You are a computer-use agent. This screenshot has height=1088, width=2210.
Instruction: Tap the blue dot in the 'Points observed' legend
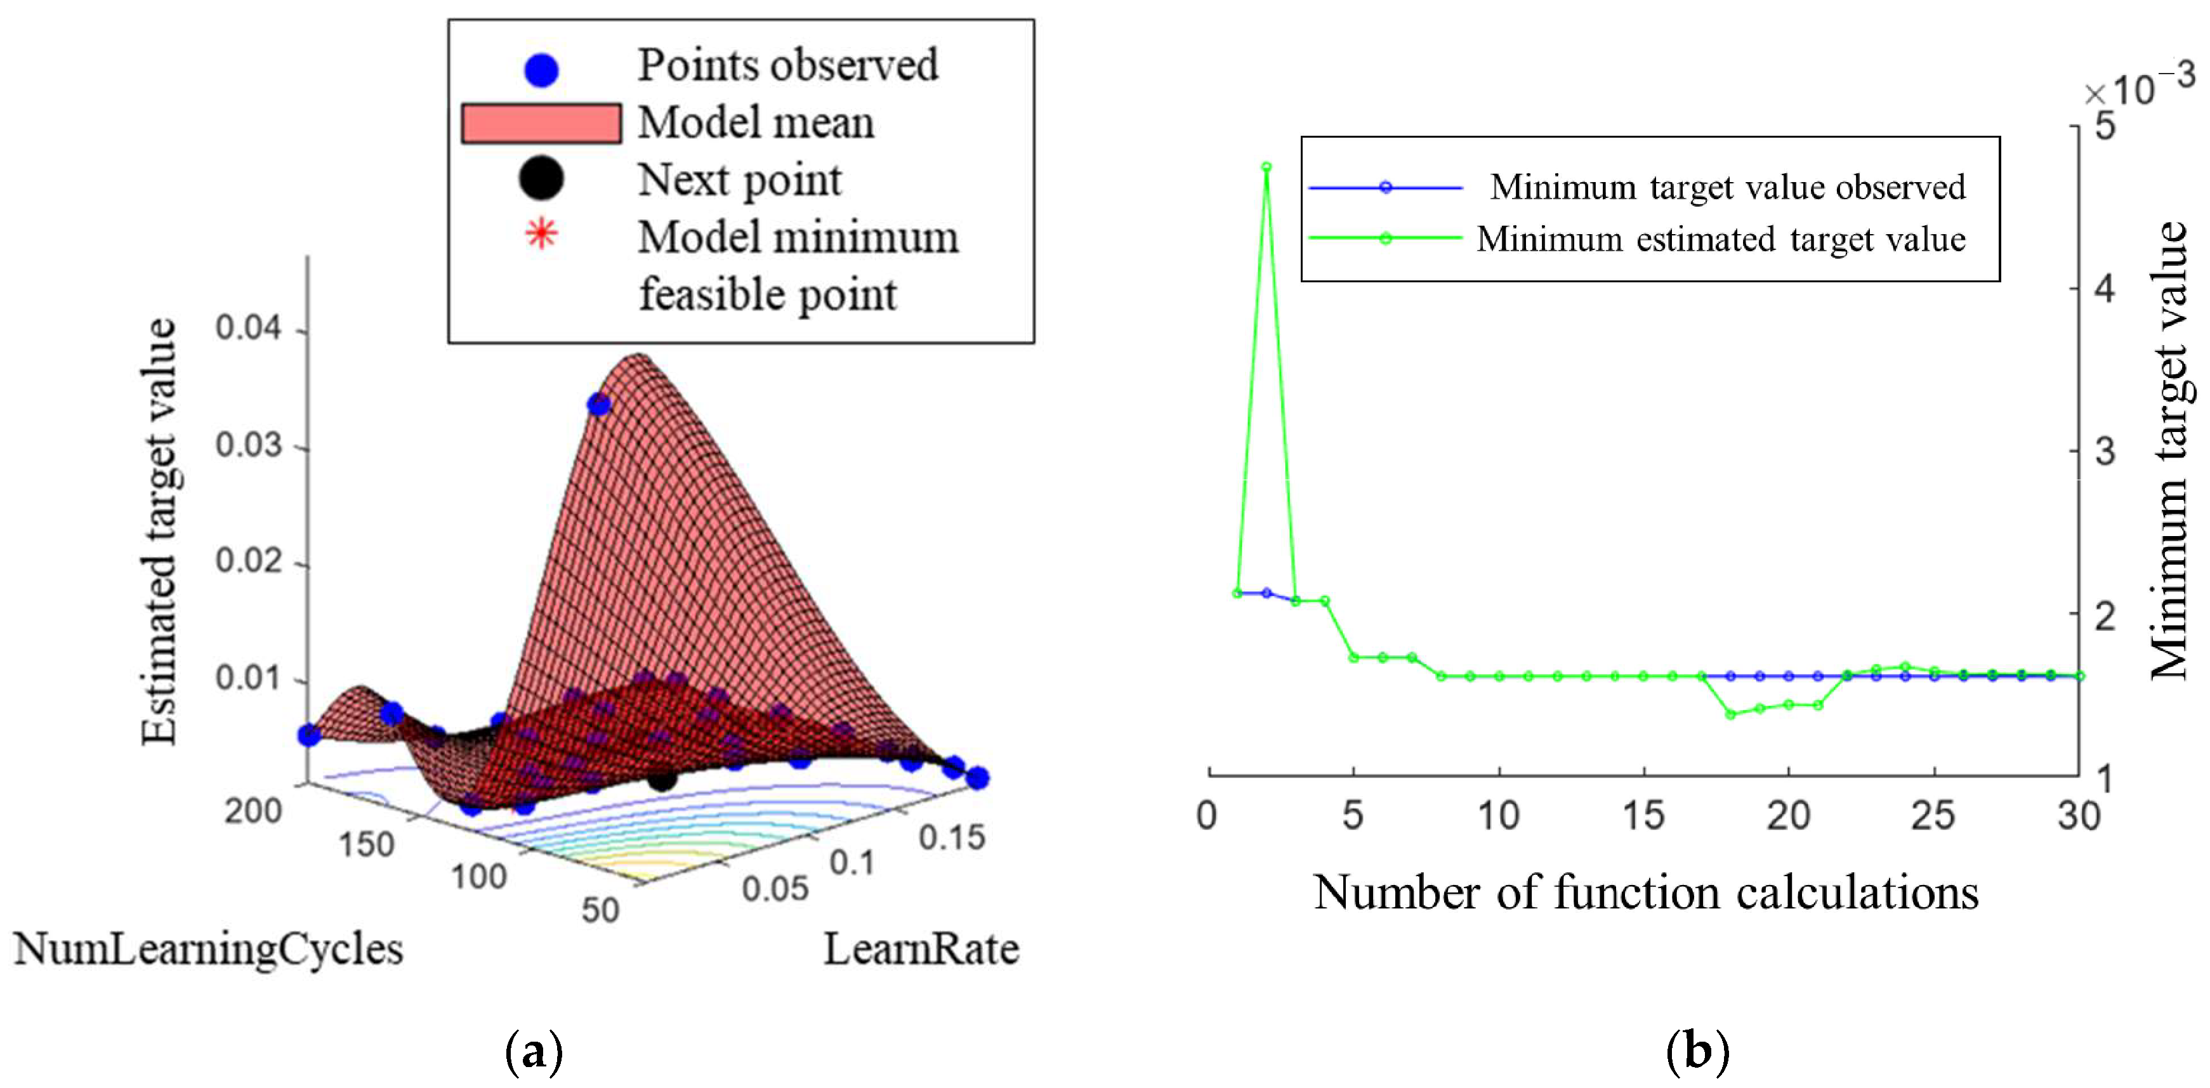point(541,70)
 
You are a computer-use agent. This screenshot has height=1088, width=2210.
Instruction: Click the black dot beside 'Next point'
point(541,178)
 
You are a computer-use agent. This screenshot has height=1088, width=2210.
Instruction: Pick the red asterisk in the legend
point(541,233)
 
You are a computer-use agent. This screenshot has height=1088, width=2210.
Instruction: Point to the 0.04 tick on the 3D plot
point(248,329)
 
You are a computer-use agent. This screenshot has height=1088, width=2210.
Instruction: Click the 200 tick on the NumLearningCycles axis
point(253,811)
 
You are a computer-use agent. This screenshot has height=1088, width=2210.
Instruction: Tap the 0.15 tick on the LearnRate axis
point(951,837)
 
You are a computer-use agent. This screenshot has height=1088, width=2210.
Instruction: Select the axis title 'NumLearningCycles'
point(209,950)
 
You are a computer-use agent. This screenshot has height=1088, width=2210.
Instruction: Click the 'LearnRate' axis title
point(921,950)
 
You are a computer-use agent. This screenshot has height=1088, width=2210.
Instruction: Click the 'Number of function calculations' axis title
point(1645,893)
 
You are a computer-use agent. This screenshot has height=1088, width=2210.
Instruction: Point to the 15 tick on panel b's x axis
point(1643,815)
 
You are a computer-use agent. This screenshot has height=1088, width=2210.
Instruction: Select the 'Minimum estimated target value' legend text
point(1720,239)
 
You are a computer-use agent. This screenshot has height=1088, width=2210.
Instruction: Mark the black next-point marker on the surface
point(661,779)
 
